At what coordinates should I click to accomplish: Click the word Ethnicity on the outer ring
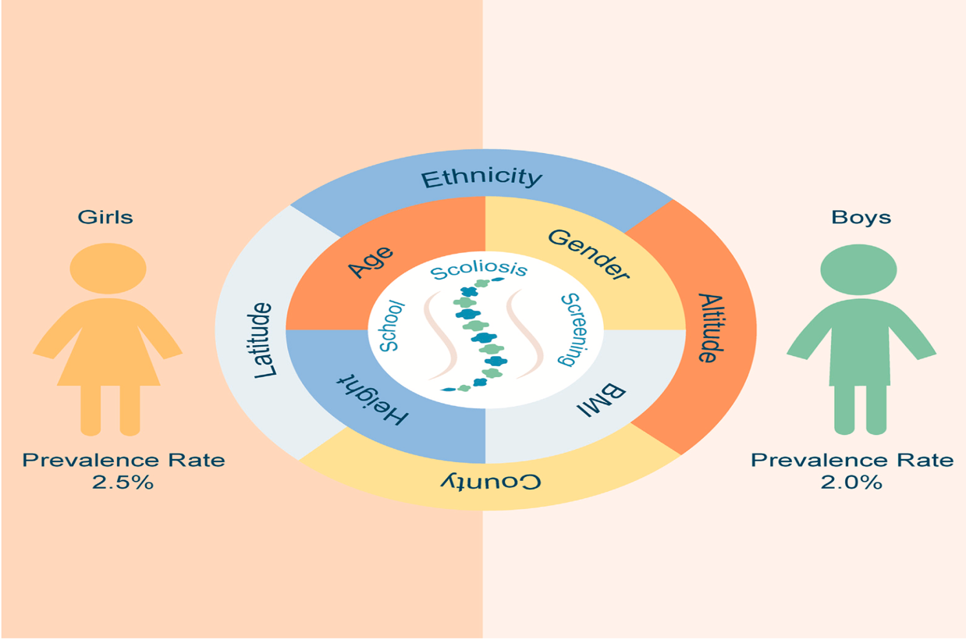click(481, 179)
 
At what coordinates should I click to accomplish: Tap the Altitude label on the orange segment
click(707, 328)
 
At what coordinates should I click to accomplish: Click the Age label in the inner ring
click(371, 262)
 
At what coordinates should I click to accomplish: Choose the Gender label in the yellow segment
click(588, 255)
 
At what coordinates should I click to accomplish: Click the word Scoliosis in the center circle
click(479, 271)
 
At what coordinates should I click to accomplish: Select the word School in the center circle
click(389, 326)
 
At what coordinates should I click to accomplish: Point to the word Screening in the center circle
click(571, 329)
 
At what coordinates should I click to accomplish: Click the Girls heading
click(105, 217)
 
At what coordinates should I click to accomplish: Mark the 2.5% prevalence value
click(123, 483)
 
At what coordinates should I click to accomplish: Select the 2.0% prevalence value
click(851, 483)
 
